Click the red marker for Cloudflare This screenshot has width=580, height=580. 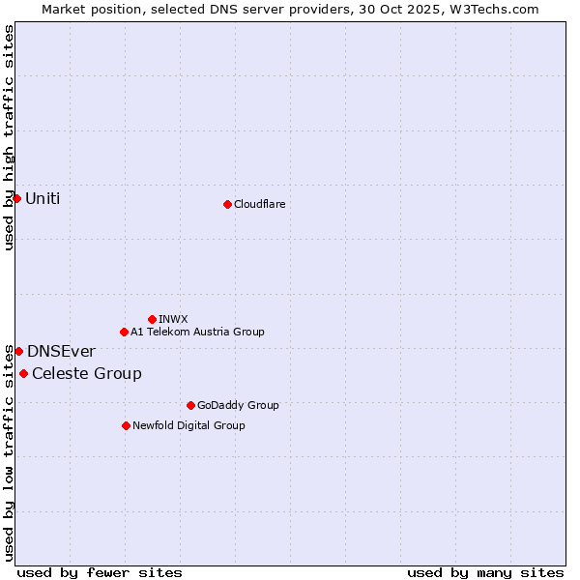pyautogui.click(x=227, y=204)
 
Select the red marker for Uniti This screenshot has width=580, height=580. pyautogui.click(x=16, y=198)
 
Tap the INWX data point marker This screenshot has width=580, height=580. pyautogui.click(x=152, y=319)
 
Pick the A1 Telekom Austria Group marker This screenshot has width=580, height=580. pyautogui.click(x=124, y=332)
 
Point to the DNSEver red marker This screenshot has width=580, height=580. pyautogui.click(x=18, y=351)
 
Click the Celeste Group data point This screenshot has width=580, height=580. pyautogui.click(x=23, y=373)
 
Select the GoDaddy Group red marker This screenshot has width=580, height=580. pyautogui.click(x=190, y=405)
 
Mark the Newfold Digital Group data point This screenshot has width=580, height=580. pyautogui.click(x=126, y=425)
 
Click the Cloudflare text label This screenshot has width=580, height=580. pyautogui.click(x=260, y=204)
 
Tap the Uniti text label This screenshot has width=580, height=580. pyautogui.click(x=43, y=198)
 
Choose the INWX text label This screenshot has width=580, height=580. pyautogui.click(x=173, y=319)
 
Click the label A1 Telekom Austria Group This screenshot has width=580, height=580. pyautogui.click(x=197, y=332)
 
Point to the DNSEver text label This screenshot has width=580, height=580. pyautogui.click(x=61, y=351)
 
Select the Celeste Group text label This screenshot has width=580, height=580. pyautogui.click(x=87, y=373)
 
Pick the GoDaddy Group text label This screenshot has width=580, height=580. pyautogui.click(x=238, y=405)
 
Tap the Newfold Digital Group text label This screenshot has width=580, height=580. pyautogui.click(x=188, y=425)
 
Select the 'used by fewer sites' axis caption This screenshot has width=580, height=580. pyautogui.click(x=100, y=572)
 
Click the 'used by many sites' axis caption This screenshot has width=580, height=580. pyautogui.click(x=485, y=572)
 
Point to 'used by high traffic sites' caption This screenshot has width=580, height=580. pyautogui.click(x=9, y=137)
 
